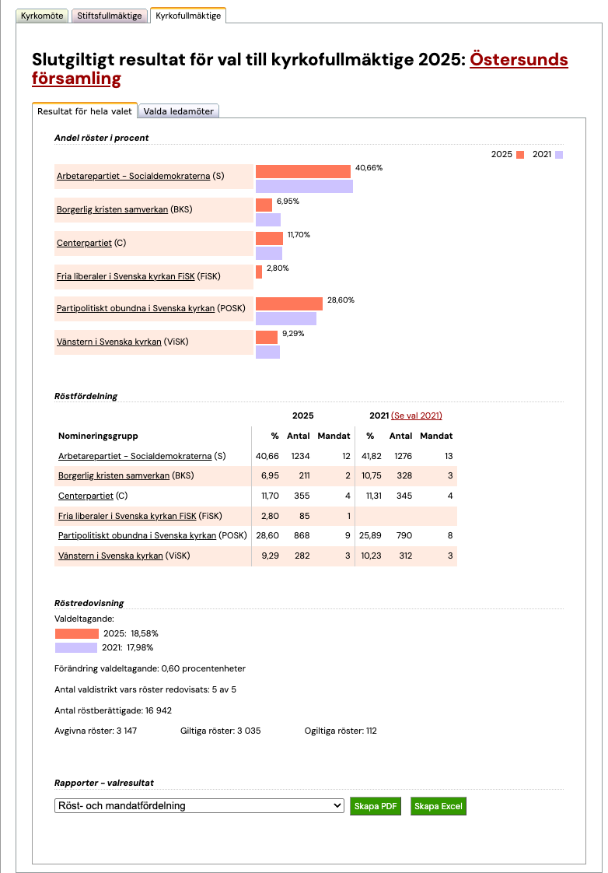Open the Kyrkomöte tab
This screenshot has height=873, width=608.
42,16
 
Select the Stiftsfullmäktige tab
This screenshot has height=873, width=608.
109,16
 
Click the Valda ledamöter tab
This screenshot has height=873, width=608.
179,111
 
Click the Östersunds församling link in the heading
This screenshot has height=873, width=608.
519,61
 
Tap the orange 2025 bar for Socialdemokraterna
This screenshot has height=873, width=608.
303,171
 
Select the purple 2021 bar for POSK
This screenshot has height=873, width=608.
286,319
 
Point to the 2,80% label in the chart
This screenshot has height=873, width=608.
278,268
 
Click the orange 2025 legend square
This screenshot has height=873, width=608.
520,155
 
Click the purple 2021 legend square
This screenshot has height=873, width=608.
558,155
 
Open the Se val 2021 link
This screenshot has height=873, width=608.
416,415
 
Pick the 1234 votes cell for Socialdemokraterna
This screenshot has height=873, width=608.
300,456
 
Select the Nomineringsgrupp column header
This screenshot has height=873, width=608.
98,436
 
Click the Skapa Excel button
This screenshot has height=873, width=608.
438,806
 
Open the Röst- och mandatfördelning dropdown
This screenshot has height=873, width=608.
199,806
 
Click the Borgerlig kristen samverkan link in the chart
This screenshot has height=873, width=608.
112,209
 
